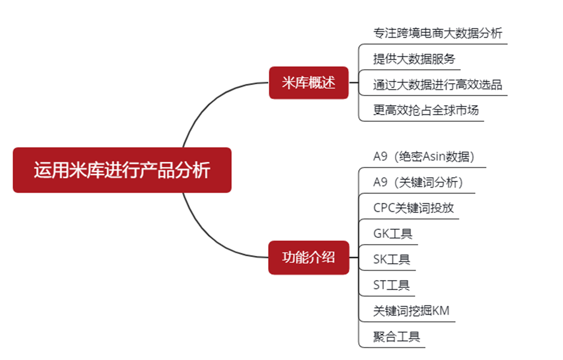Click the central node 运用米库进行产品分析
(x=122, y=170)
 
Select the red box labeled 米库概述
(x=309, y=83)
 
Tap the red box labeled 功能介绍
(x=309, y=258)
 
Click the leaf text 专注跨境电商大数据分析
(x=437, y=33)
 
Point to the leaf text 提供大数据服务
(x=414, y=59)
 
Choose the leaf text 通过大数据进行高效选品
(x=437, y=85)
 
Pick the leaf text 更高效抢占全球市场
(x=426, y=110)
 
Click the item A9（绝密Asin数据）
(x=424, y=156)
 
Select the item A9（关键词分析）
(x=418, y=182)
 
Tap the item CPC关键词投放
(x=413, y=208)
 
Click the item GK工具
(x=393, y=234)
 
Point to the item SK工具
(x=392, y=260)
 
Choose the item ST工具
(x=391, y=285)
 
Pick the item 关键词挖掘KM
(x=411, y=311)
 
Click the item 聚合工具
(x=396, y=337)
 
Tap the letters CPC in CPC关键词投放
(x=384, y=208)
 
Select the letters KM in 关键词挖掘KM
(x=441, y=311)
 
